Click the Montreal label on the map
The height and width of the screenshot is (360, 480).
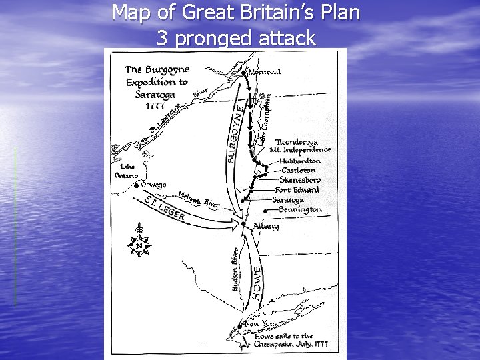265,71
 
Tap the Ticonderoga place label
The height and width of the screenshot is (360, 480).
297,142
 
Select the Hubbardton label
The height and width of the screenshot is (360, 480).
300,161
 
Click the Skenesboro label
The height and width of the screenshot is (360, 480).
300,180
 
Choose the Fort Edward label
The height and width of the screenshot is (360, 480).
297,190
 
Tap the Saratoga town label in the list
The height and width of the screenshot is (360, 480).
288,199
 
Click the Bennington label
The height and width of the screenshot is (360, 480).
300,209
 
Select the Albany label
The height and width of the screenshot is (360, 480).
266,227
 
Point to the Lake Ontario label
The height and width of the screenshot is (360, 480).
127,171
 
